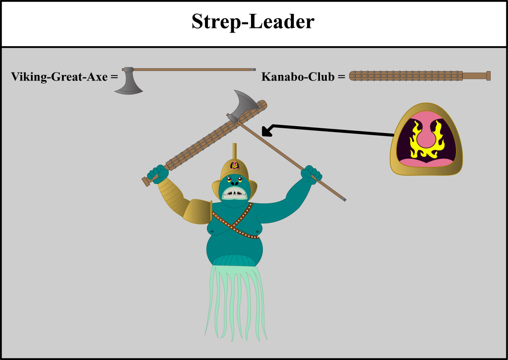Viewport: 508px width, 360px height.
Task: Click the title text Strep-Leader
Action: (x=253, y=22)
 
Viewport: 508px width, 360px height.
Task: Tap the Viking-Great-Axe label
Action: (x=60, y=77)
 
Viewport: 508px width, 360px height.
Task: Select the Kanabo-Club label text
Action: (x=298, y=77)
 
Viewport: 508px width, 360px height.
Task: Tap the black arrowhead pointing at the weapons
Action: (x=267, y=131)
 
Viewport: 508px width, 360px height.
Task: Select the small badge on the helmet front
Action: (x=235, y=165)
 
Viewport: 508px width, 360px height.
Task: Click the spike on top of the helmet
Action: (x=235, y=151)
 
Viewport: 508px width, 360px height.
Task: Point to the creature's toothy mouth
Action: (x=235, y=193)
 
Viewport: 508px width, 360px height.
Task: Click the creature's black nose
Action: (x=235, y=183)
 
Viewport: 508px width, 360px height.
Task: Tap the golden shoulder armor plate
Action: (x=198, y=212)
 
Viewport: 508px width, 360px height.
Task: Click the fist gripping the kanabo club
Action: (x=158, y=174)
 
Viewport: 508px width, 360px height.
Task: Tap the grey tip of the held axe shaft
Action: (x=344, y=199)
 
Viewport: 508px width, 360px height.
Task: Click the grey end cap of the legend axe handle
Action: (x=253, y=69)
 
